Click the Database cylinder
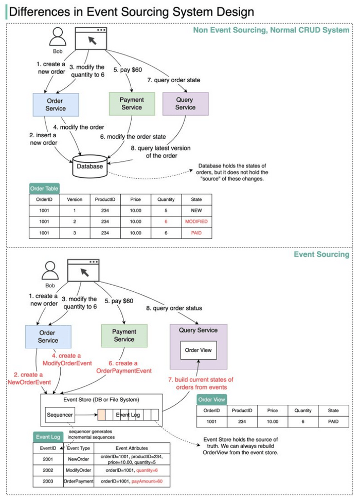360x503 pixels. pos(90,166)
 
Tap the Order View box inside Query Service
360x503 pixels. pos(198,351)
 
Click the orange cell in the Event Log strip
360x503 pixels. pos(101,414)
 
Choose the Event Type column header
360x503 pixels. pos(79,448)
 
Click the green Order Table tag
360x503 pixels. pos(44,189)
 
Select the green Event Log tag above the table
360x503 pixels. pos(48,437)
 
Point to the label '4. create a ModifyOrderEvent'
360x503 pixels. pos(71,360)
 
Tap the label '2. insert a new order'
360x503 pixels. pos(43,139)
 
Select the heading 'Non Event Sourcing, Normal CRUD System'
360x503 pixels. pos(271,30)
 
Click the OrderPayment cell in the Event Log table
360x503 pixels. pos(79,481)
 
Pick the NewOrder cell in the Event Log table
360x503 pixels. pos(79,458)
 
